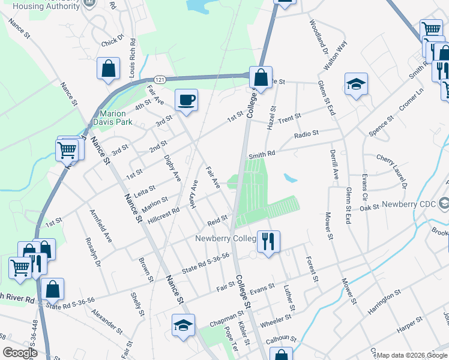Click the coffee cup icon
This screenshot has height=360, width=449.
[186, 100]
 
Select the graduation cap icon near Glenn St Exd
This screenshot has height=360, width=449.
[356, 85]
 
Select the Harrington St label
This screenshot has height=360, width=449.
[384, 302]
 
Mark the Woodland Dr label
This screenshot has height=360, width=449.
[317, 37]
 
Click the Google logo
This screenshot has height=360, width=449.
[20, 353]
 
